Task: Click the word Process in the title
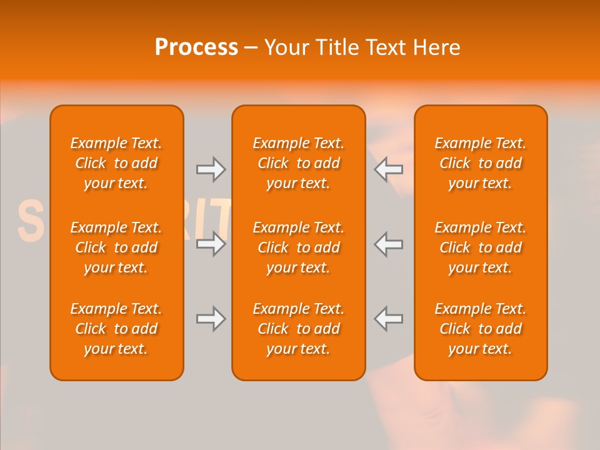pyautogui.click(x=196, y=47)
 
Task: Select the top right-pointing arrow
pyautogui.click(x=211, y=169)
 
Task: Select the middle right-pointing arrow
pyautogui.click(x=211, y=244)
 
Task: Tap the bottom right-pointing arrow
pyautogui.click(x=211, y=319)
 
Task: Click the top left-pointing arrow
pyautogui.click(x=389, y=169)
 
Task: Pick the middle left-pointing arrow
pyautogui.click(x=389, y=244)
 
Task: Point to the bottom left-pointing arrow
pyautogui.click(x=389, y=319)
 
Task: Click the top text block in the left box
pyautogui.click(x=116, y=163)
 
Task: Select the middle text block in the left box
pyautogui.click(x=116, y=247)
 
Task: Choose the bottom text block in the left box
pyautogui.click(x=116, y=329)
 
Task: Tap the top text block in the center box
pyautogui.click(x=298, y=163)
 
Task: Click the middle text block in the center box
pyautogui.click(x=298, y=247)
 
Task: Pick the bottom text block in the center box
pyautogui.click(x=298, y=329)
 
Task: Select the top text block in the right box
pyautogui.click(x=480, y=163)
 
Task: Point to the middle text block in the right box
pyautogui.click(x=480, y=247)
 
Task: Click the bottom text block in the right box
pyautogui.click(x=480, y=329)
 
